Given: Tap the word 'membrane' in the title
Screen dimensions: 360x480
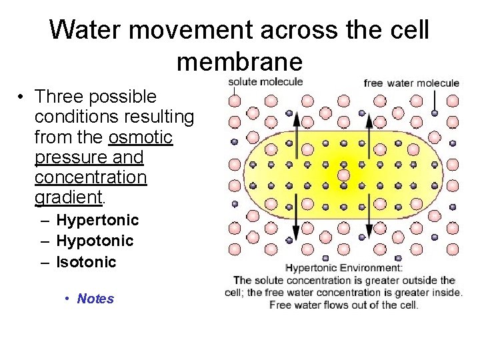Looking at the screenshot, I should [239, 61].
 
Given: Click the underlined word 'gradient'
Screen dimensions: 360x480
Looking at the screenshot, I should [67, 197].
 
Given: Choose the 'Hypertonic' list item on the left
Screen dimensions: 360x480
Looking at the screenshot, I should [97, 220].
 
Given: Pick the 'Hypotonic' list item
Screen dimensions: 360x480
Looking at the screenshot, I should [95, 241].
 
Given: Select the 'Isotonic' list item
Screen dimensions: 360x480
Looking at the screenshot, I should [86, 262].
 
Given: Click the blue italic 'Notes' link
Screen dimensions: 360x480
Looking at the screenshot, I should [95, 299].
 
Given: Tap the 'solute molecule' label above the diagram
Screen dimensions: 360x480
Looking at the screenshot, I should [265, 82].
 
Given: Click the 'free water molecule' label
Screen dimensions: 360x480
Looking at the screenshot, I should [411, 83].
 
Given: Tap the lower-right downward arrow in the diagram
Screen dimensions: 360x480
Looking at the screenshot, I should [369, 217].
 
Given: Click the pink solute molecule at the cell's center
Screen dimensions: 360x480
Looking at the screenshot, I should [343, 175].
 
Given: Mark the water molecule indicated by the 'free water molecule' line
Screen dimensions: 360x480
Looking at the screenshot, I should [435, 113].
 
